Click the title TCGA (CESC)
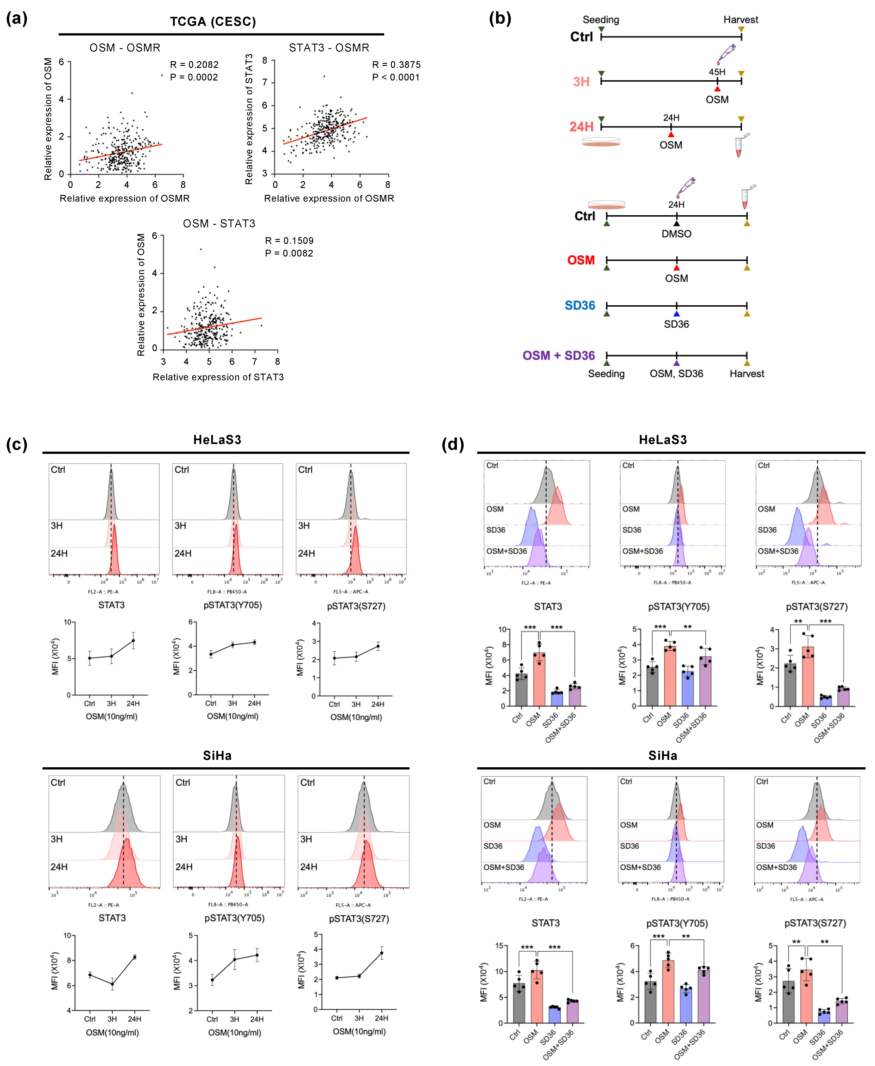[x=213, y=22]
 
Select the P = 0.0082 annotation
[x=289, y=253]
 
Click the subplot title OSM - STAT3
[x=219, y=223]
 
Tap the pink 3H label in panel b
[x=581, y=82]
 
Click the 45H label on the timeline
[x=717, y=72]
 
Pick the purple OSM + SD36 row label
[x=558, y=355]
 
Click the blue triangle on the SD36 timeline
[x=676, y=314]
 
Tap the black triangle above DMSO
[x=676, y=223]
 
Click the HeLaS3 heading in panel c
[x=217, y=440]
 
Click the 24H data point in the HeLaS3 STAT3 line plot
[x=133, y=640]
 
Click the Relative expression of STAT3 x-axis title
[x=218, y=377]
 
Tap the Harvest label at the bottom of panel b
[x=747, y=374]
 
